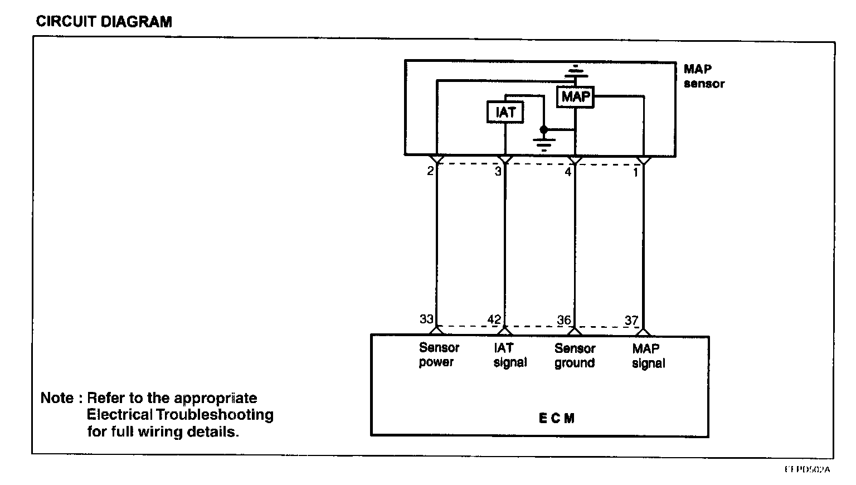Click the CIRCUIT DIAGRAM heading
[x=104, y=22]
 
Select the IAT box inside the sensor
[x=505, y=113]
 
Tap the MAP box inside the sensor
[x=576, y=97]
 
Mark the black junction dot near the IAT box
[x=544, y=129]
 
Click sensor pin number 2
[x=430, y=171]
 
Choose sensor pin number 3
[x=498, y=172]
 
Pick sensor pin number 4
[x=568, y=172]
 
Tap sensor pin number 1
[x=635, y=172]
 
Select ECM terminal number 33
[x=426, y=319]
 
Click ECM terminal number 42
[x=494, y=320]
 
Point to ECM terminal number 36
[x=564, y=321]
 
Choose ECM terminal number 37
[x=631, y=321]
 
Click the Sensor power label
[x=439, y=355]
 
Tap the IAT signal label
[x=510, y=355]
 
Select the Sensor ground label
[x=575, y=356]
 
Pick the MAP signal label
[x=648, y=356]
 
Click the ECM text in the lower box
[x=556, y=419]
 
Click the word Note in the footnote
[x=57, y=399]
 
